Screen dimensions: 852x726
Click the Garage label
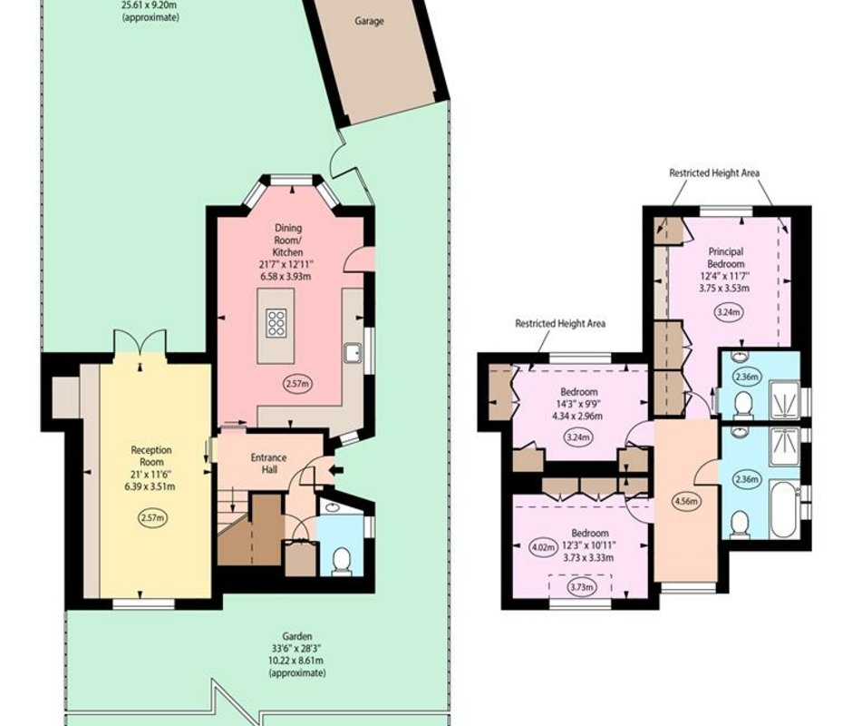point(369,21)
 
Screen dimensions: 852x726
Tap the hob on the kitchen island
point(276,322)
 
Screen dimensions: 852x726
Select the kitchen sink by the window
point(353,353)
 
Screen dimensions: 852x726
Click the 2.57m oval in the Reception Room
point(152,517)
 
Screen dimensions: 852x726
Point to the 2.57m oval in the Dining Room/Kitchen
point(298,384)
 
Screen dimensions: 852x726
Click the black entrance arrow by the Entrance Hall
point(337,470)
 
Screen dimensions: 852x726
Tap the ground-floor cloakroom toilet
point(341,561)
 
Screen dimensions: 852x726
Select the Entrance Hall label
point(268,463)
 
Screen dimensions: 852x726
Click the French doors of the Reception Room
point(140,342)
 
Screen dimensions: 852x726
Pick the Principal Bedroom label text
point(725,258)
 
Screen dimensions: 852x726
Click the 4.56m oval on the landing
point(686,501)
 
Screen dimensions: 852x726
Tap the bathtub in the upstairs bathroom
point(785,508)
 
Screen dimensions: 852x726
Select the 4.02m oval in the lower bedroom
point(543,547)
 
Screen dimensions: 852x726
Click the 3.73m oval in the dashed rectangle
point(581,587)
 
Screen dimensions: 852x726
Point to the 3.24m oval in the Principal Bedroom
point(728,312)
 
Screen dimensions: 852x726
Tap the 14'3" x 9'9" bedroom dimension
point(579,404)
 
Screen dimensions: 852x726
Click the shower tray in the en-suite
point(784,399)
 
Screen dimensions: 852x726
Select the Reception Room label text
point(151,456)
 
